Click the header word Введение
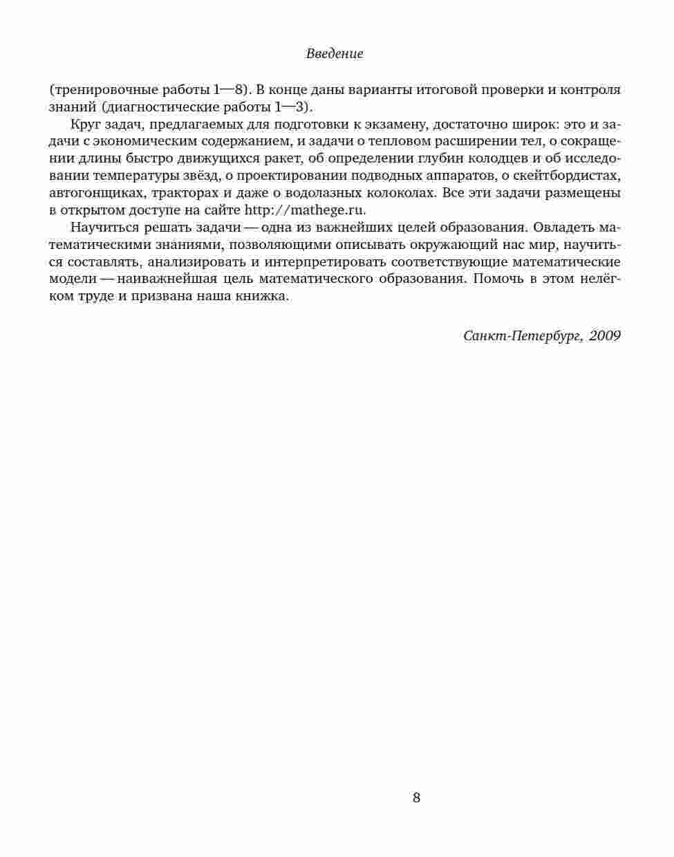(335, 53)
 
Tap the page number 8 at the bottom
(416, 798)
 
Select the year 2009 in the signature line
(605, 335)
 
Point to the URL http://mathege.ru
(304, 210)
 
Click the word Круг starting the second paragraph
(85, 125)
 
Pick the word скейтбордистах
(575, 176)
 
